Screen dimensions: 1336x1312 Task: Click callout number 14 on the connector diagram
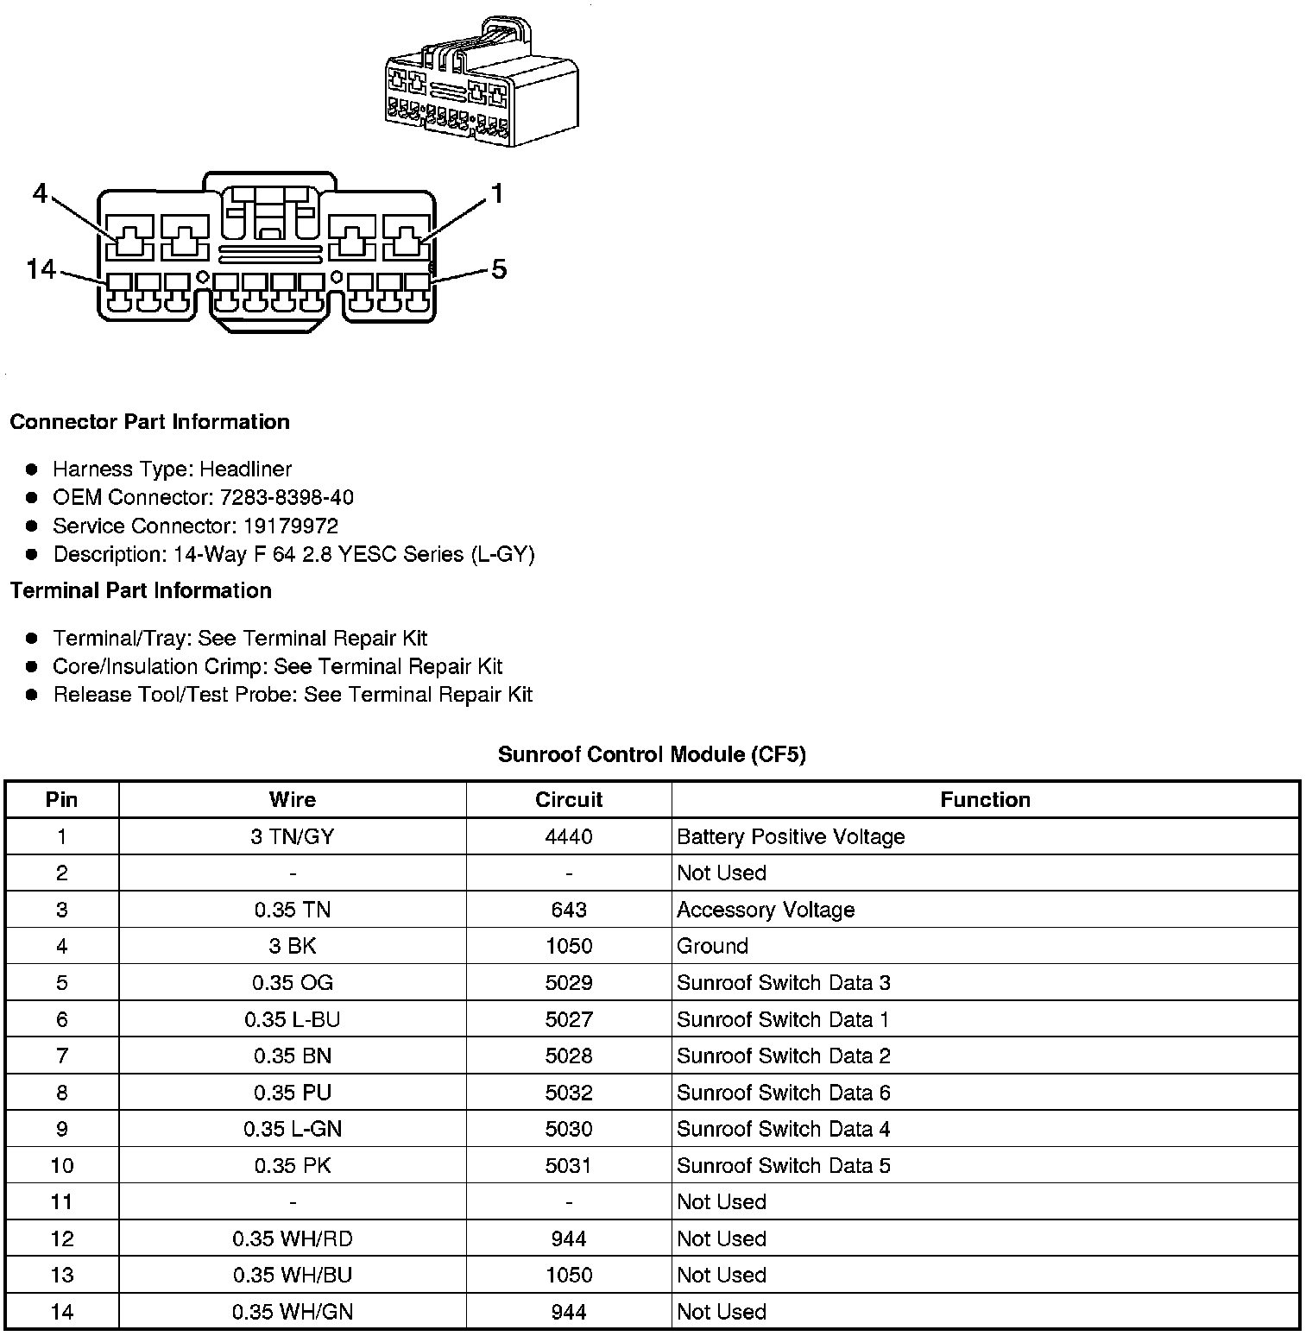41,269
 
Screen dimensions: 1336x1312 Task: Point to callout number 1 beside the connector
496,194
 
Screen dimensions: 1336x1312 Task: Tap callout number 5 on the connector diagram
499,269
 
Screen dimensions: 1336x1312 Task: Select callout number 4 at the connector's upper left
40,194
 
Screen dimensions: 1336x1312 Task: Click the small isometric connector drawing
481,83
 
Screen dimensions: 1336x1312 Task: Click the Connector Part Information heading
149,422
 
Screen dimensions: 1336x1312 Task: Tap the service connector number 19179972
290,526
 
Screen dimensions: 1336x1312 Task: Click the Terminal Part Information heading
141,591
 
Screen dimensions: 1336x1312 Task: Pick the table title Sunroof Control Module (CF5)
652,755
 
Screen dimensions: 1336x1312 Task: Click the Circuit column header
569,800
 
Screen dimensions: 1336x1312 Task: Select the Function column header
985,800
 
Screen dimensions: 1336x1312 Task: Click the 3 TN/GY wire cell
293,837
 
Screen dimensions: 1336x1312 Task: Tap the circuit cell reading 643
569,910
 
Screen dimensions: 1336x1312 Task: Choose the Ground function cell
712,947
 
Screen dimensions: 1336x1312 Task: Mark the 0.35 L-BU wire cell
293,1020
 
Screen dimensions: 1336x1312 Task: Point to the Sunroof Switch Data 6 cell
783,1093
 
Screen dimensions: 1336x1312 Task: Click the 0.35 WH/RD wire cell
293,1239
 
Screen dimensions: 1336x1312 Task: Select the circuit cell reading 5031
569,1166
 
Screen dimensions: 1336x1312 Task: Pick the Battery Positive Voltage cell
791,837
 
